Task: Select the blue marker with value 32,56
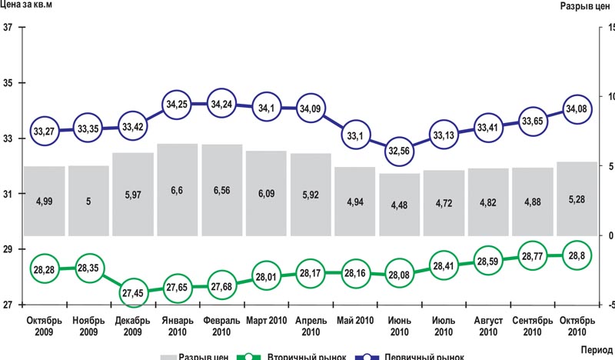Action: click(399, 150)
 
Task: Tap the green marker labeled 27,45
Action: click(133, 293)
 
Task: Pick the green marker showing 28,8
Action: click(577, 255)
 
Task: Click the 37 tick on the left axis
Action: click(8, 28)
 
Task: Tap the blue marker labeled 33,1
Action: click(355, 135)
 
